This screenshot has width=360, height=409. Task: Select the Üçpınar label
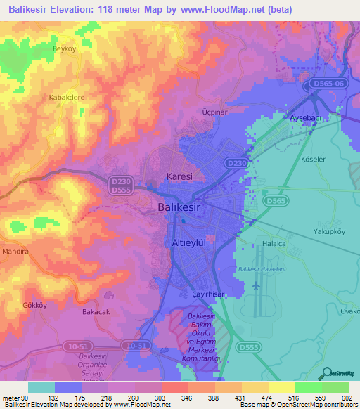(213, 112)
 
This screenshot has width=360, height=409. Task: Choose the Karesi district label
(179, 176)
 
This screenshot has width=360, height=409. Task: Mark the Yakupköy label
(330, 231)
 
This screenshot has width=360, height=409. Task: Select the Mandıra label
(15, 251)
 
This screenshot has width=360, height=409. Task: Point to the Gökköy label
(34, 306)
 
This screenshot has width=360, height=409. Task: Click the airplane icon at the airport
(255, 287)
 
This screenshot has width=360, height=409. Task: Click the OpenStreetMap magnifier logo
(327, 374)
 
